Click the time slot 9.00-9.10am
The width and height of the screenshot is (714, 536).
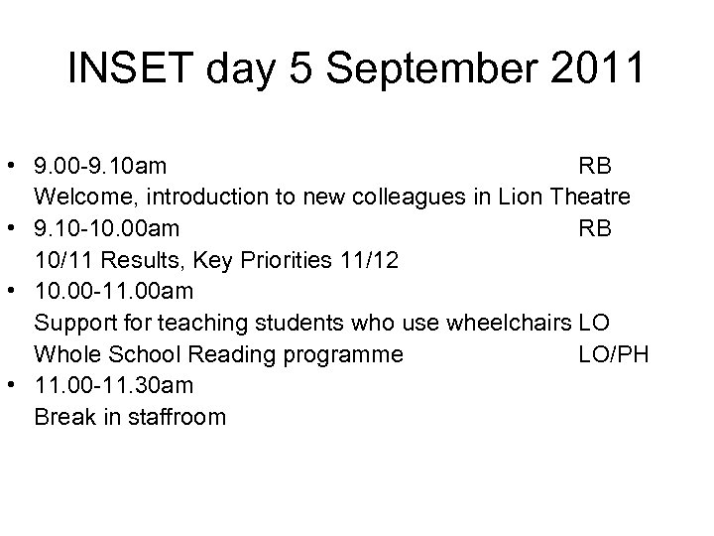(99, 165)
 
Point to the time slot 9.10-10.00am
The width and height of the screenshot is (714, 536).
(107, 229)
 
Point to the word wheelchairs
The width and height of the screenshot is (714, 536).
(508, 325)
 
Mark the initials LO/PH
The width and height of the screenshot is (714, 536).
(614, 354)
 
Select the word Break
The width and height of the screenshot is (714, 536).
(61, 417)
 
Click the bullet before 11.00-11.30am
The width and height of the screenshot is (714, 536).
(18, 386)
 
